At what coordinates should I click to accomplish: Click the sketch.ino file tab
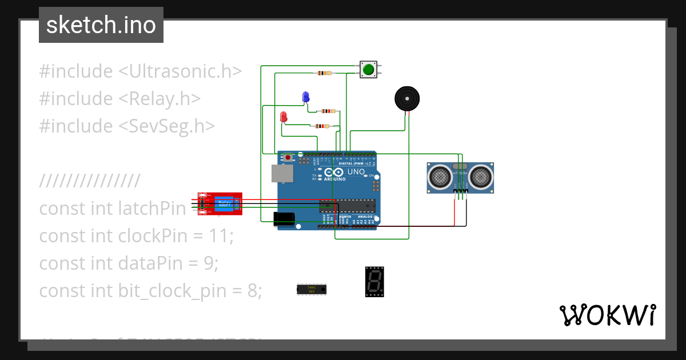click(101, 25)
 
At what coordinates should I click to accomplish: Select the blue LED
click(306, 97)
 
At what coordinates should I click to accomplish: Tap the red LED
click(284, 117)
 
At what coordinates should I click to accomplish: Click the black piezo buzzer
click(407, 99)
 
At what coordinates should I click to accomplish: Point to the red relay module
click(220, 203)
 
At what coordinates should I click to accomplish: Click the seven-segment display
click(374, 282)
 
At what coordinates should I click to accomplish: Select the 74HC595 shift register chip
click(311, 289)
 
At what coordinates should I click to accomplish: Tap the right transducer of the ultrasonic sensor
click(480, 177)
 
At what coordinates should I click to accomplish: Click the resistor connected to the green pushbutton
click(324, 73)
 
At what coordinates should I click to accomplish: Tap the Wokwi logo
click(607, 315)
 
